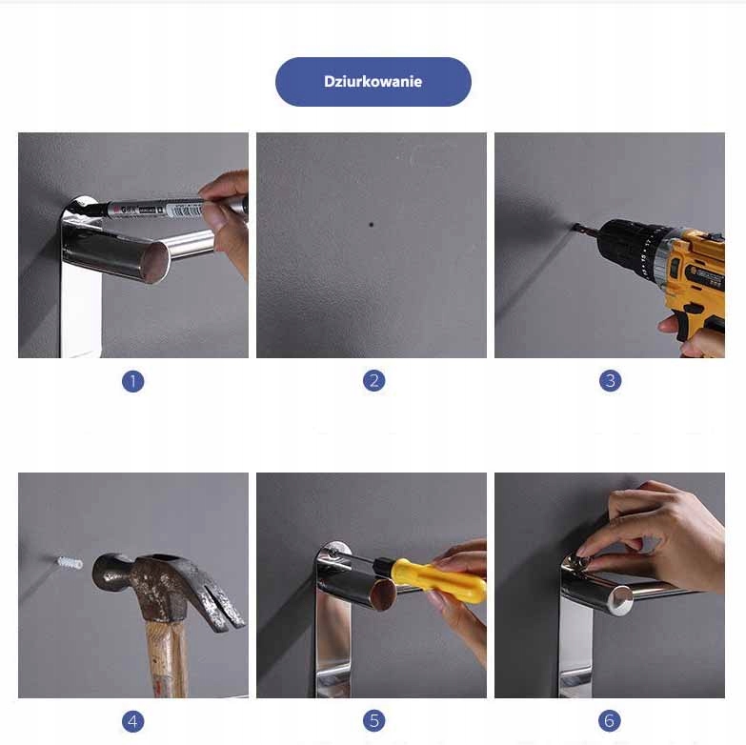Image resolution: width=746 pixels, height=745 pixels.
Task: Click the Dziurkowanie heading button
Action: (x=373, y=81)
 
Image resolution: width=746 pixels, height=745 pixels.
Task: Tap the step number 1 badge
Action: (x=132, y=381)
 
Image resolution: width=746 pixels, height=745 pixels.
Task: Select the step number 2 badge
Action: (x=373, y=380)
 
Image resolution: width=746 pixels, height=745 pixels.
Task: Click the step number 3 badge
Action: (x=610, y=380)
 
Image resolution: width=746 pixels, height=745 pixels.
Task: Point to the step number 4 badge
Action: (x=132, y=721)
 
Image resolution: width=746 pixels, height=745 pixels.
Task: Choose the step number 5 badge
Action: (x=373, y=721)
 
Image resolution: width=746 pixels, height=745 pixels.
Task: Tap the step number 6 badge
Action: (x=610, y=721)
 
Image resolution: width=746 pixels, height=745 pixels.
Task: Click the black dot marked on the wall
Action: (x=372, y=225)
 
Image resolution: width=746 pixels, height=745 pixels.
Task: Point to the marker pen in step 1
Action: (x=171, y=208)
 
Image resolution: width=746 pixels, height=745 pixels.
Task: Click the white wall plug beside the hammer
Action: (x=70, y=563)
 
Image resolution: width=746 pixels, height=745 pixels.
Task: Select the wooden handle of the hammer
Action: (x=168, y=659)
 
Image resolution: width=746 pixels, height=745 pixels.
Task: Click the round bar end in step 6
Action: (x=622, y=600)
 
